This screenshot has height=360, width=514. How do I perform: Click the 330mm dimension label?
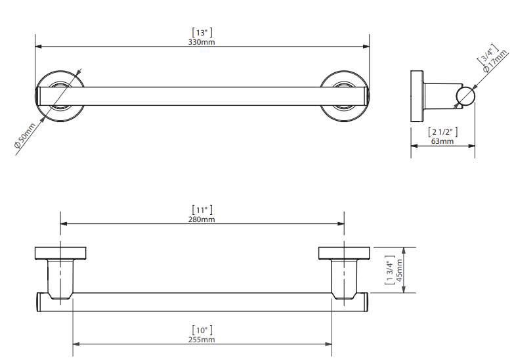pyautogui.click(x=202, y=42)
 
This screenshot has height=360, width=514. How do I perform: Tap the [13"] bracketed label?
pyautogui.click(x=202, y=32)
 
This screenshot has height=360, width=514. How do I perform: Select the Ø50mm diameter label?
pyautogui.click(x=25, y=135)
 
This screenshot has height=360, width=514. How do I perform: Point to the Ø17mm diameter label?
pyautogui.click(x=495, y=60)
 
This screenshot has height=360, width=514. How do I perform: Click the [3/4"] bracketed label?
pyautogui.click(x=488, y=53)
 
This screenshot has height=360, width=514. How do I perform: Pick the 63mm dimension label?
pyautogui.click(x=442, y=141)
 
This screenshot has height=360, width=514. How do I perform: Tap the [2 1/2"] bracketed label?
pyautogui.click(x=443, y=132)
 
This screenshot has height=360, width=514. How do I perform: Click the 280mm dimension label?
pyautogui.click(x=202, y=219)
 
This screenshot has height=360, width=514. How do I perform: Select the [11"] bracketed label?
pyautogui.click(x=202, y=210)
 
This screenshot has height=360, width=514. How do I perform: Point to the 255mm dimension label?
pyautogui.click(x=202, y=340)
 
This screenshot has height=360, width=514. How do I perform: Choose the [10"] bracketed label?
pyautogui.click(x=202, y=330)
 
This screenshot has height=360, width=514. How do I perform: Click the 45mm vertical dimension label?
pyautogui.click(x=399, y=270)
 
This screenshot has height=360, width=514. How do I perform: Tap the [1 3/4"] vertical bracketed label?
pyautogui.click(x=389, y=270)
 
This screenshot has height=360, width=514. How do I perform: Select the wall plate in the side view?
pyautogui.click(x=417, y=97)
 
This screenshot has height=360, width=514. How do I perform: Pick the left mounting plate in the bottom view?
pyautogui.click(x=60, y=253)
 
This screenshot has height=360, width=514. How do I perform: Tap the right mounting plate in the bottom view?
pyautogui.click(x=344, y=253)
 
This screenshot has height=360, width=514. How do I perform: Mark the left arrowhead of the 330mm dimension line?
pyautogui.click(x=38, y=47)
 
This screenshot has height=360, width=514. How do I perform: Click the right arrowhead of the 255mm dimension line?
pyautogui.click(x=328, y=344)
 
